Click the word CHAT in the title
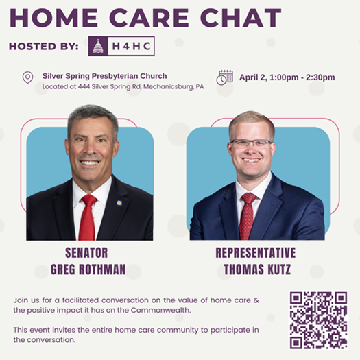[241, 18]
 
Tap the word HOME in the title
[54, 18]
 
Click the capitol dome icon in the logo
[98, 46]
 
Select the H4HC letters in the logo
[131, 46]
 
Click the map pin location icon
[28, 77]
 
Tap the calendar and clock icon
[224, 77]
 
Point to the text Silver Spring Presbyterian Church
[104, 76]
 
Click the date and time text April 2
[287, 77]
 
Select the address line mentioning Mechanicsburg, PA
[123, 87]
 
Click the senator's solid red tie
[87, 217]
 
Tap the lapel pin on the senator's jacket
[119, 203]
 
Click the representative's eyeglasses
[251, 144]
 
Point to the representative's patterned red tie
[248, 217]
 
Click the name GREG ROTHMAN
[88, 269]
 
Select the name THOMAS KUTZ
[257, 269]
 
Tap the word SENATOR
[86, 253]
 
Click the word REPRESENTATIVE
[256, 253]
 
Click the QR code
[318, 320]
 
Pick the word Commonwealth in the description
[160, 310]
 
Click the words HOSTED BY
[44, 46]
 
